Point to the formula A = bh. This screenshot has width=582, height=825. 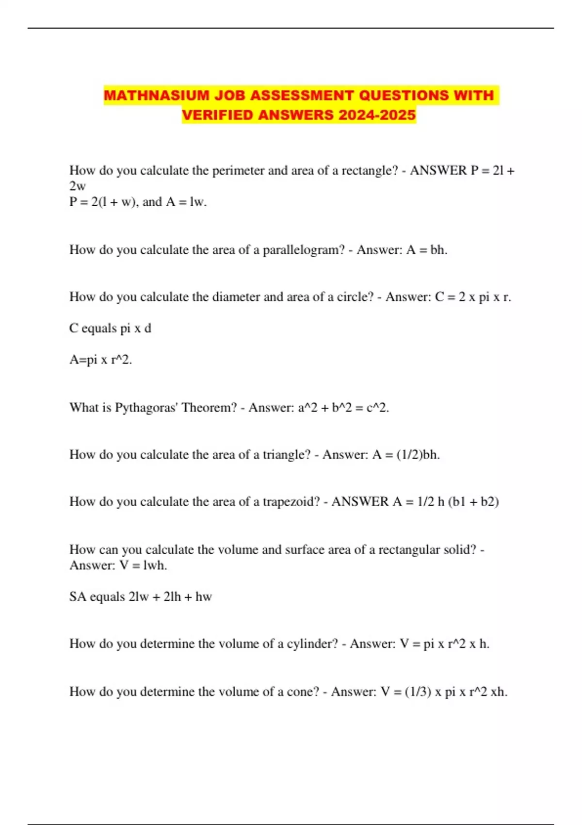point(426,250)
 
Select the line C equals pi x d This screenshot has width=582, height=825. point(110,329)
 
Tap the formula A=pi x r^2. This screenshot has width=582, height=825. point(100,360)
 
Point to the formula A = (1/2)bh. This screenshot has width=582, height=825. point(405,455)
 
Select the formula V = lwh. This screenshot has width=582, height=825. point(143,565)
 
